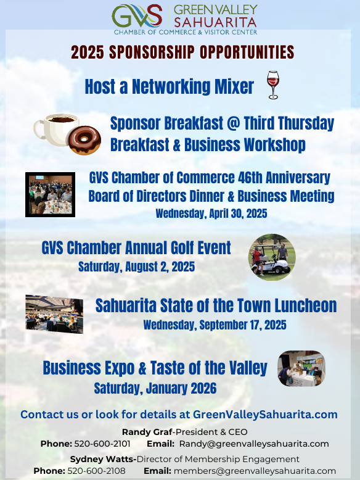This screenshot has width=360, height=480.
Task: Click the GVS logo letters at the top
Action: click(x=137, y=15)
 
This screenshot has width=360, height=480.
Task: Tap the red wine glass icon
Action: click(x=273, y=85)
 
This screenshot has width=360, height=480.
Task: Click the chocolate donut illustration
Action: click(x=84, y=140)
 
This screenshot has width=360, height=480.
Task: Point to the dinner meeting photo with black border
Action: click(x=50, y=195)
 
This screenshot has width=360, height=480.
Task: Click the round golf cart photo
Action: click(x=272, y=257)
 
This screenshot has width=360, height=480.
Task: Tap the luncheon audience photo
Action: click(x=54, y=314)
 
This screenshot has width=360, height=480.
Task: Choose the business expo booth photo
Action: click(x=301, y=368)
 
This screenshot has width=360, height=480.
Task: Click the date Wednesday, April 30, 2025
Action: click(x=211, y=213)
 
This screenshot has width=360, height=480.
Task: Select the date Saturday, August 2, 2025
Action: click(x=136, y=267)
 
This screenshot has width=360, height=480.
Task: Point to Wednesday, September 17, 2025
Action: click(x=215, y=325)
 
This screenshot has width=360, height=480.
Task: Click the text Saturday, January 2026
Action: click(x=155, y=388)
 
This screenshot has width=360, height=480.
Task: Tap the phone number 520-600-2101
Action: click(x=102, y=444)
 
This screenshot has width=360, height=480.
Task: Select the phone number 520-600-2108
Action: click(x=96, y=471)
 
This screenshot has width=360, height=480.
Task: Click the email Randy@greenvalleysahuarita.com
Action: click(x=254, y=444)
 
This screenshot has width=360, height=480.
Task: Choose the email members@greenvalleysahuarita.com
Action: click(x=255, y=471)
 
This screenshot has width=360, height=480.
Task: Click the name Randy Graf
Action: click(x=147, y=432)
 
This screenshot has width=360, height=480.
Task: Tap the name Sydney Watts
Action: click(x=102, y=459)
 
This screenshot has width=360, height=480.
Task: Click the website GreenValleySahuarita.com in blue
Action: click(x=265, y=415)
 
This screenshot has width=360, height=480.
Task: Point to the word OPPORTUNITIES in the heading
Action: click(x=247, y=52)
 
